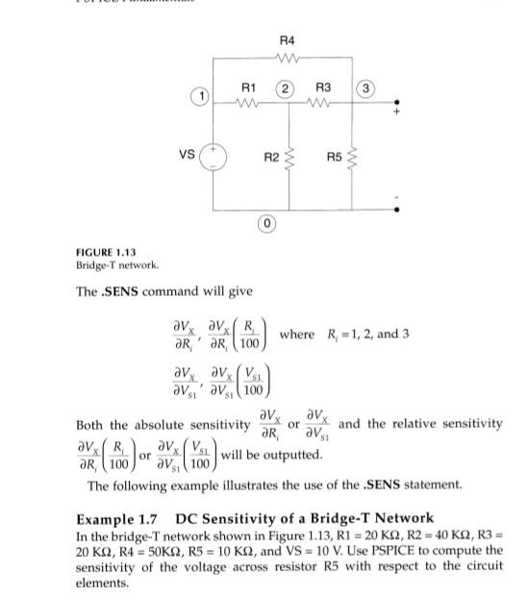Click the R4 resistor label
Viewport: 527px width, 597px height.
coord(288,40)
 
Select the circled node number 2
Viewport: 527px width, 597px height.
coord(287,88)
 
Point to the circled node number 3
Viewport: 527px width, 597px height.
coord(366,89)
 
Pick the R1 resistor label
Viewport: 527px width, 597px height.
coord(248,88)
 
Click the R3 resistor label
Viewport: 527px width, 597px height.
coord(323,88)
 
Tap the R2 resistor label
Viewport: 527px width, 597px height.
coord(271,156)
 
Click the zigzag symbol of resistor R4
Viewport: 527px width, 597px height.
coord(288,57)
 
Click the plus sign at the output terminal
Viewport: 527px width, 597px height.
coord(394,112)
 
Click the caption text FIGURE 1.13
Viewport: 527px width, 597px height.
coord(103,252)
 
